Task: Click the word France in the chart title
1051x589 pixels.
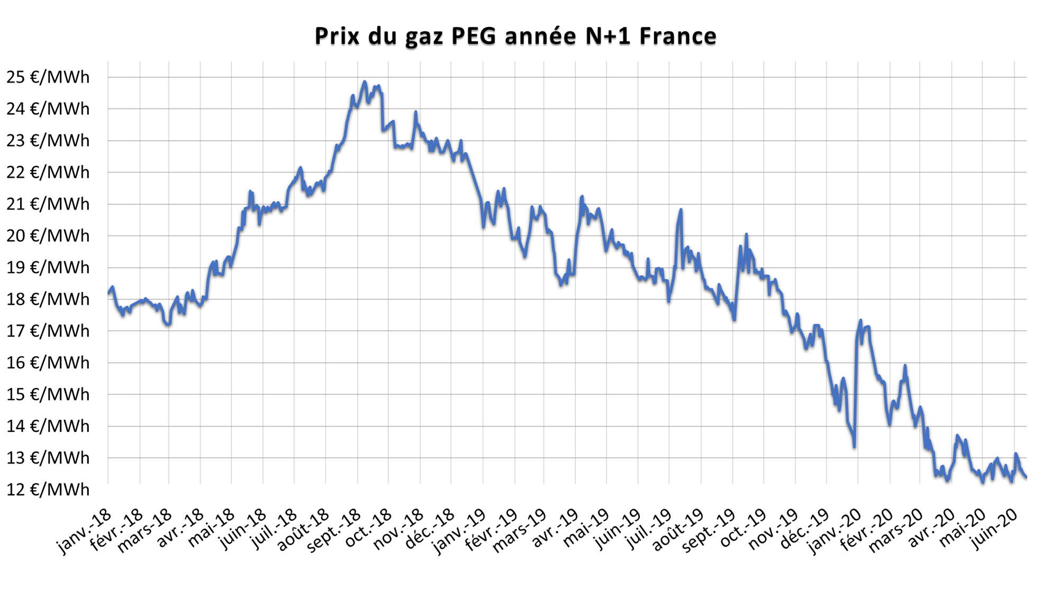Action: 678,36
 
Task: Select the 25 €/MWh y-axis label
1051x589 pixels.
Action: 48,77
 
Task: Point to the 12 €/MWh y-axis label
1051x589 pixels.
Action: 48,490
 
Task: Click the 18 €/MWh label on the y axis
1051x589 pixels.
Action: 48,299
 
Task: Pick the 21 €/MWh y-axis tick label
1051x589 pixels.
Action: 48,204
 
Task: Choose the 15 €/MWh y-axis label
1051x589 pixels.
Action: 48,394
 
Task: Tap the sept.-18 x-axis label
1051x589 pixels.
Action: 335,530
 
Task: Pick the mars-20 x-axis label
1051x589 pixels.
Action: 897,530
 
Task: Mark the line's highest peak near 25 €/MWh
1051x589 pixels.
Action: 364,81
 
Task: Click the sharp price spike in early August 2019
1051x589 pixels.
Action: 681,210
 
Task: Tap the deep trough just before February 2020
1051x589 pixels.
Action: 854,446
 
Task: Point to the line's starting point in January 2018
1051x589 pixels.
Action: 108,293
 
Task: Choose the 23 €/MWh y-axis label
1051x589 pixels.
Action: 48,141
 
